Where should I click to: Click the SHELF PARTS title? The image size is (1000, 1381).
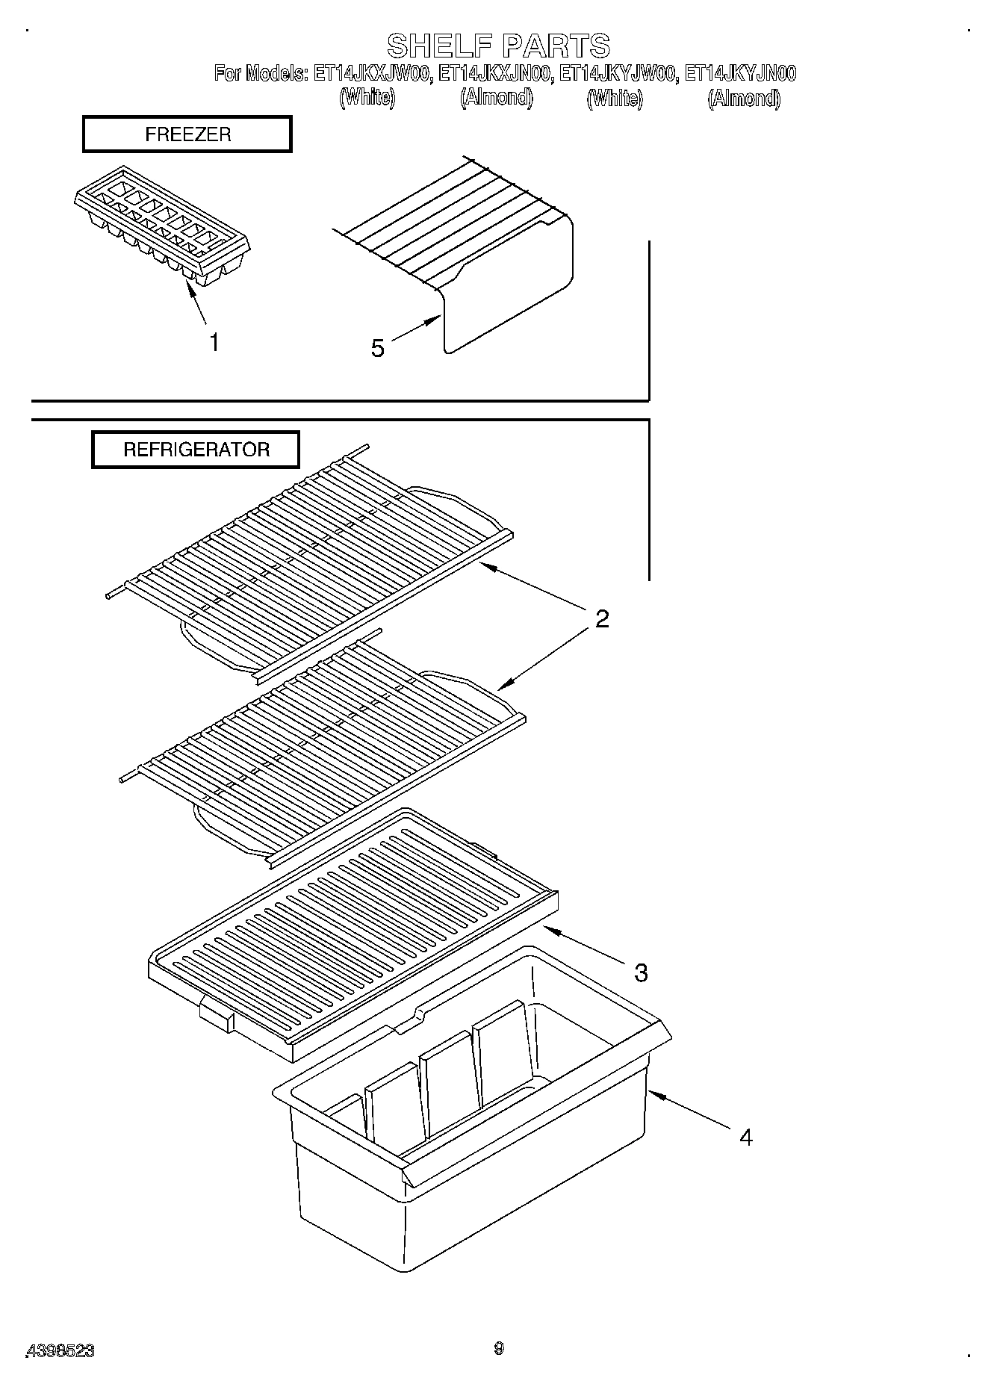point(498,46)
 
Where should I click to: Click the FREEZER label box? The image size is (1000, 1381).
point(187,135)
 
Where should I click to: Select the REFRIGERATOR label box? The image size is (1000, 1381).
point(196,450)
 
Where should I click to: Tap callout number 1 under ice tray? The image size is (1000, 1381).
point(214,343)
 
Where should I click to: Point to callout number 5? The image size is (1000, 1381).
point(378,348)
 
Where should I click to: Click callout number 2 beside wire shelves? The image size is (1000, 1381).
point(602,618)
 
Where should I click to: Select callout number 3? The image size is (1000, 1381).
point(641,972)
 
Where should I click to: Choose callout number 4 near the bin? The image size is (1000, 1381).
point(745,1138)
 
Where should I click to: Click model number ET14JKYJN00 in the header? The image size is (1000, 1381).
point(739,73)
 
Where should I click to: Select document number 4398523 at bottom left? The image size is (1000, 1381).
point(60,1350)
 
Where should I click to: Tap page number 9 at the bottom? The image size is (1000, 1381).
point(499,1348)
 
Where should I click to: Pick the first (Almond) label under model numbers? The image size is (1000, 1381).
point(497,98)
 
